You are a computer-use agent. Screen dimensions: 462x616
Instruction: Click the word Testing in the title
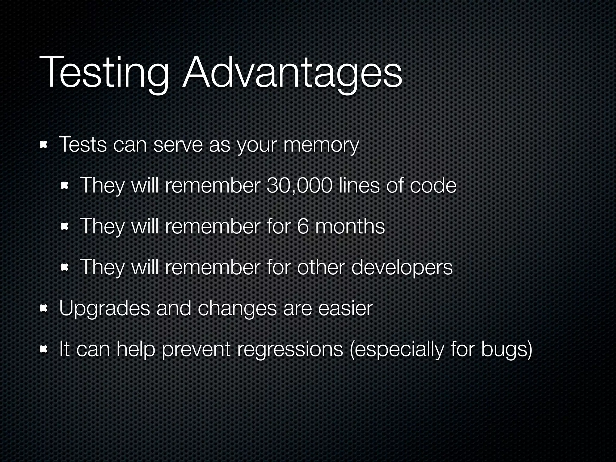[x=104, y=73]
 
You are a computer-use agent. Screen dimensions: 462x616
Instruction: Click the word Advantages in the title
[x=292, y=73]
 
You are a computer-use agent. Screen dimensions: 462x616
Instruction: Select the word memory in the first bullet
[x=321, y=146]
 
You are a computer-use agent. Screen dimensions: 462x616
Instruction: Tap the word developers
[x=402, y=268]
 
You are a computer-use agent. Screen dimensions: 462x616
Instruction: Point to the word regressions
[x=290, y=350]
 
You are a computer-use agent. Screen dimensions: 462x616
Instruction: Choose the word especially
[x=397, y=350]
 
